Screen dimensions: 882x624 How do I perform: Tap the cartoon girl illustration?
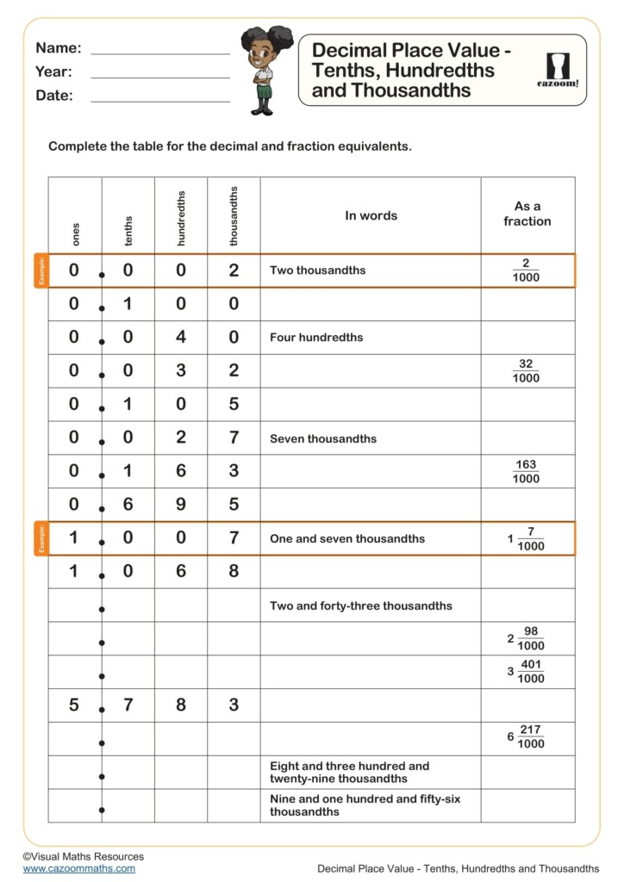click(264, 70)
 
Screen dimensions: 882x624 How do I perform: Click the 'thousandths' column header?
click(234, 216)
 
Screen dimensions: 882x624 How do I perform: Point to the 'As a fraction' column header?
click(527, 214)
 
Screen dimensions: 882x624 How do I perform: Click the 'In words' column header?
click(371, 215)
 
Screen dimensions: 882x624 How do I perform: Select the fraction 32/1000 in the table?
click(526, 371)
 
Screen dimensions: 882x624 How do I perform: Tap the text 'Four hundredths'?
click(316, 338)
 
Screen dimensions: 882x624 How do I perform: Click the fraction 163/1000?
click(526, 471)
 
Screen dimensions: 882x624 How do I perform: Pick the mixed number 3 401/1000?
click(526, 672)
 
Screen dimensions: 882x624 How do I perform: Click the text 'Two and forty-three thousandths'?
click(360, 606)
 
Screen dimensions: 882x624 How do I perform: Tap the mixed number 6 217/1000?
click(526, 737)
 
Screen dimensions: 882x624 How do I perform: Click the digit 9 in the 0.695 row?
click(181, 505)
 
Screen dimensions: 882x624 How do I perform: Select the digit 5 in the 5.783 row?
click(74, 705)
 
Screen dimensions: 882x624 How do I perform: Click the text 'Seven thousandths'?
click(323, 438)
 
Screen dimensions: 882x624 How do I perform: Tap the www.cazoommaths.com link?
click(79, 868)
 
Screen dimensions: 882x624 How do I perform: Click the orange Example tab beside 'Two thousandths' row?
click(41, 270)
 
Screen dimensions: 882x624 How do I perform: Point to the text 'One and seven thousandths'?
click(346, 538)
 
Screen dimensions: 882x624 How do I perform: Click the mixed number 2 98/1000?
click(526, 638)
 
